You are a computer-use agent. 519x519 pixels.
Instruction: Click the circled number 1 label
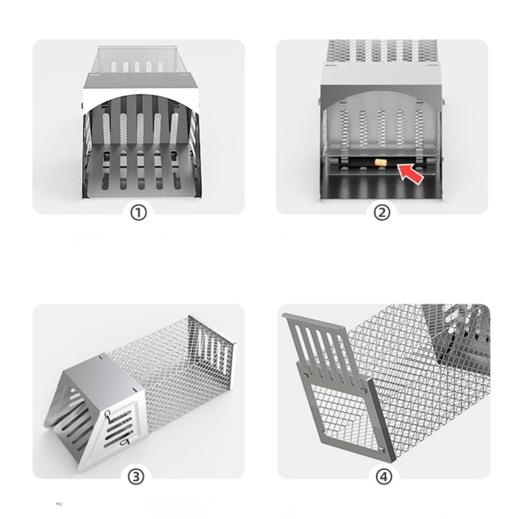point(138,213)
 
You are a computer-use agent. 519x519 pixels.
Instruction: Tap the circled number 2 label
point(382,213)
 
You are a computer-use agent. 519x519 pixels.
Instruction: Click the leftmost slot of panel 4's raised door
point(301,343)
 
